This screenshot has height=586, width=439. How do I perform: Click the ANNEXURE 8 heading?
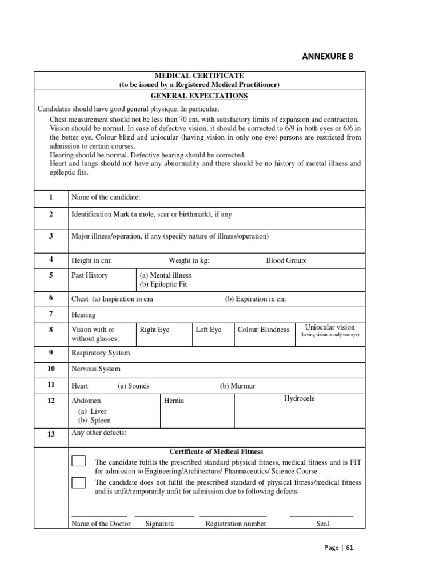[331, 56]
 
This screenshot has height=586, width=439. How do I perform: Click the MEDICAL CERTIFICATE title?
[199, 76]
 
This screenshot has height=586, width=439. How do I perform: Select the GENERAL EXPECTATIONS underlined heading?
[199, 96]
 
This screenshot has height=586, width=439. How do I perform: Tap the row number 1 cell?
[51, 197]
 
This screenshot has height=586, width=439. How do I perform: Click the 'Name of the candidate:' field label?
[106, 197]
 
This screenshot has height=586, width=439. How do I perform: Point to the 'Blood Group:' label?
[286, 260]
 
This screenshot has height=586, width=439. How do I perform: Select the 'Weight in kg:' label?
[189, 260]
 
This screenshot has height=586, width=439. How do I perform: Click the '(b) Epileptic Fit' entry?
[163, 284]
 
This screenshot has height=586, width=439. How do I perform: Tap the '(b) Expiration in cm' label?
[255, 299]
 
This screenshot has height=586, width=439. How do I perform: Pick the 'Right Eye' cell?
[154, 330]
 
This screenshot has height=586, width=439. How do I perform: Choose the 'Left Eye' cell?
[208, 330]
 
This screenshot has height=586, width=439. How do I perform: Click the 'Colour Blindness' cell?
[263, 330]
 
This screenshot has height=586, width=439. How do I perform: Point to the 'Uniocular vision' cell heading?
[330, 327]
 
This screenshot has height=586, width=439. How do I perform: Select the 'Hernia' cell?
[174, 401]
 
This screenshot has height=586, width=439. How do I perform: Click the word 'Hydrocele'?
[300, 398]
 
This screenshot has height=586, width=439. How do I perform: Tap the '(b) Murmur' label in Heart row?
[237, 386]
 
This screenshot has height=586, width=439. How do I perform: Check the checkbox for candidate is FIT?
[79, 461]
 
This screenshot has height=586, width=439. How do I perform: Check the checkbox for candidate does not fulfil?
[79, 482]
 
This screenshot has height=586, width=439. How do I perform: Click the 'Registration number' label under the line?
[236, 524]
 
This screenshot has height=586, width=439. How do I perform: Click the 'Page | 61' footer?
[339, 547]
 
